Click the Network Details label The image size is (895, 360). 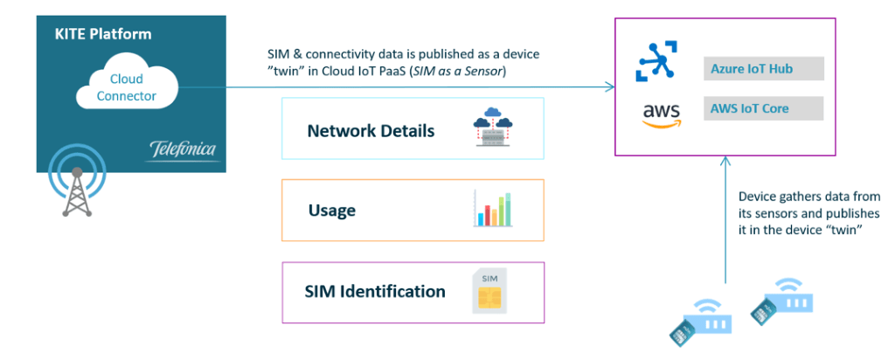pos(371,131)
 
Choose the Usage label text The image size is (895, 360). pos(332,211)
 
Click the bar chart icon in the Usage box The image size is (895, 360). pos(496,209)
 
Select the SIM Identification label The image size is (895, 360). pos(375,291)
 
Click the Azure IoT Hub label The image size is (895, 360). pos(753,68)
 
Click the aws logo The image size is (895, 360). pos(658,114)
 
